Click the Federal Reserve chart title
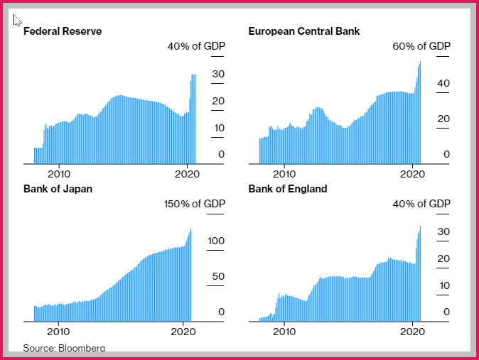point(63,31)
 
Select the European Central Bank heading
point(304,31)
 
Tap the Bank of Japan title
point(58,189)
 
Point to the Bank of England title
point(288,189)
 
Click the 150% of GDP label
point(195,204)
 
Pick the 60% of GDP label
point(421,46)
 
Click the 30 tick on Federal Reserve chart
point(218,74)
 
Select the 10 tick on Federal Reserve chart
point(219,128)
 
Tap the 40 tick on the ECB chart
point(443,83)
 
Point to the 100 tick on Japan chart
point(216,241)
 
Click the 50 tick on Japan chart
point(218,276)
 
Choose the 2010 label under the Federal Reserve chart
point(59,174)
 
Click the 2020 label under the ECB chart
point(412,174)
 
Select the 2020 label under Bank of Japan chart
point(183,332)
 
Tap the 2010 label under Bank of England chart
point(284,332)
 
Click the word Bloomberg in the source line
point(82,348)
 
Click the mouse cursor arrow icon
point(17,21)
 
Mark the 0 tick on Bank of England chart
point(446,312)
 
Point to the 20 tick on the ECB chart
point(443,119)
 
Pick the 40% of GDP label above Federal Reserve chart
point(196,46)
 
